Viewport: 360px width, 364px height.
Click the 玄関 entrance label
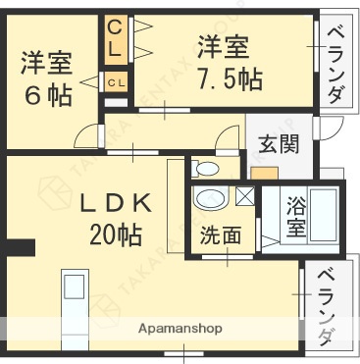278,143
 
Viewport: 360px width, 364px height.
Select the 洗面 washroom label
221,235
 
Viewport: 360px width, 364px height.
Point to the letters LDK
114,204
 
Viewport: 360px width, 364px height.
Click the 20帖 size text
117,234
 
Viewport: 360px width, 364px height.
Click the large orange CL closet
116,36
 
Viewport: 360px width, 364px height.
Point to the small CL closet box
115,82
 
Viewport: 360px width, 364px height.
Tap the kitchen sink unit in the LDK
75,295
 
